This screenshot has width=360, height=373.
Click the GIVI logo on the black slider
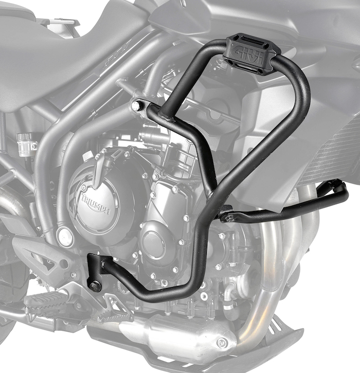coord(249,54)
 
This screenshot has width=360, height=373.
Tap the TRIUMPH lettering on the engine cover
coord(96,204)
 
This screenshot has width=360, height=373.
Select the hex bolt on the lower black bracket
coord(95,285)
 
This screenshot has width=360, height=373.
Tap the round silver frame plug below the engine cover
coord(64,236)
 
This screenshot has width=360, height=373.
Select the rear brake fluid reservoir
coord(27,144)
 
